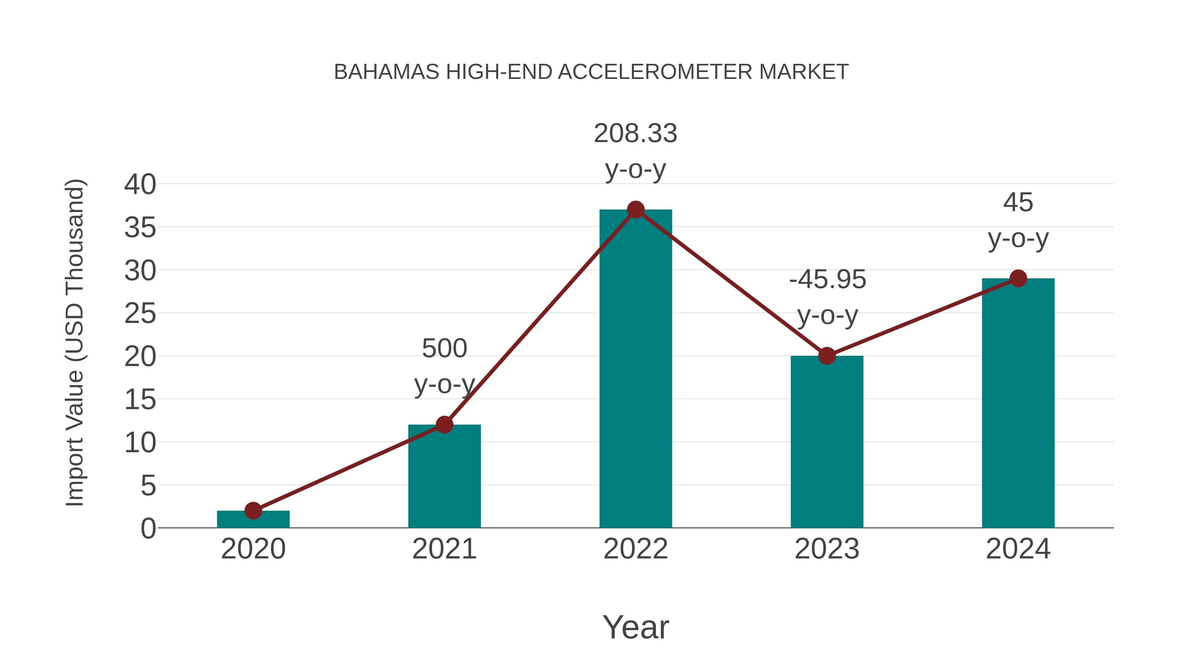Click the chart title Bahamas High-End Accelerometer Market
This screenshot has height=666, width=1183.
tap(591, 72)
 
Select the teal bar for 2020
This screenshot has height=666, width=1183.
tap(253, 519)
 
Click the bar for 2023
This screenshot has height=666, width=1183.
tap(827, 442)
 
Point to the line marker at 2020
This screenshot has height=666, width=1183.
tap(253, 510)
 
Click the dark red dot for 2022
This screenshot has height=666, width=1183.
tap(636, 210)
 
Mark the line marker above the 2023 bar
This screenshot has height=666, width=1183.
tap(827, 356)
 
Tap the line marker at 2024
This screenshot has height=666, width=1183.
tap(1018, 278)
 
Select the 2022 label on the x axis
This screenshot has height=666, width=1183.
tap(636, 549)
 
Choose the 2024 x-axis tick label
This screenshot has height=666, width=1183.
tap(1018, 549)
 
